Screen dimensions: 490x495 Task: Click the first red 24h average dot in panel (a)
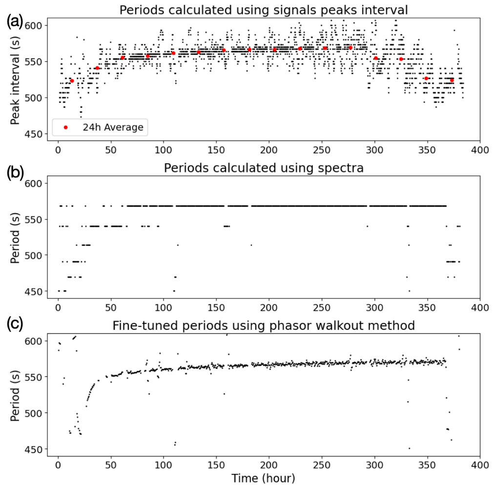tap(72, 81)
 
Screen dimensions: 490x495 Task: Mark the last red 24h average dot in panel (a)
tap(452, 80)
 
